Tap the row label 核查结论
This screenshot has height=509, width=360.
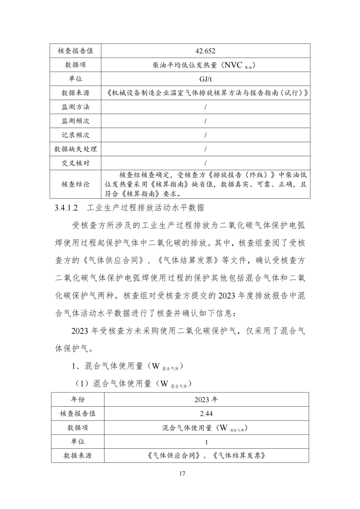pyautogui.click(x=75, y=184)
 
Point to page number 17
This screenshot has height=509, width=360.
pyautogui.click(x=182, y=474)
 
